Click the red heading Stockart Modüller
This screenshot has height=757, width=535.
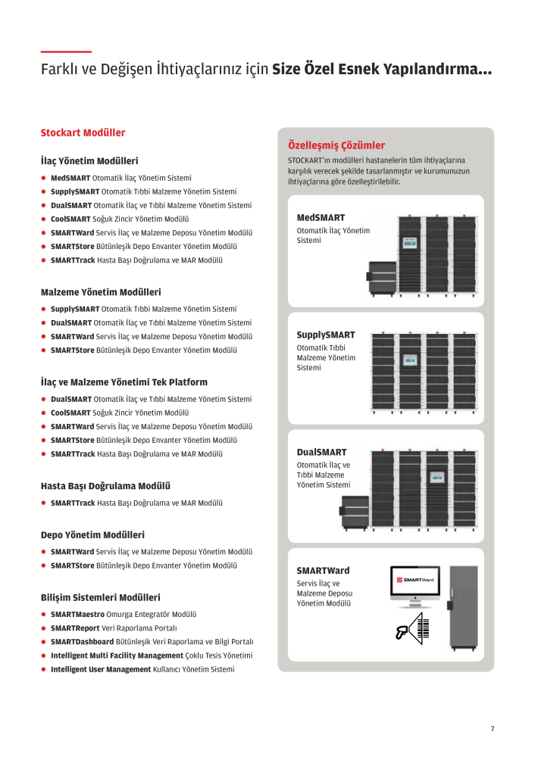(83, 132)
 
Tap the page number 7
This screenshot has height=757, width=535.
(493, 728)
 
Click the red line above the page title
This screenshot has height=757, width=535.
(66, 51)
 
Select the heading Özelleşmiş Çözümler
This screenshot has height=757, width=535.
(336, 145)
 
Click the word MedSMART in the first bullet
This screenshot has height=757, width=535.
(70, 178)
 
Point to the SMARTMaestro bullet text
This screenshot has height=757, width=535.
(124, 614)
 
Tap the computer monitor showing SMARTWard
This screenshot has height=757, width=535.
(415, 586)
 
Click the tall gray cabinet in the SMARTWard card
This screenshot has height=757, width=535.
(464, 608)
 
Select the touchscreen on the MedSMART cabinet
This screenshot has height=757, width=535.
(410, 243)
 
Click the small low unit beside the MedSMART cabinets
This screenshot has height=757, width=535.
(382, 278)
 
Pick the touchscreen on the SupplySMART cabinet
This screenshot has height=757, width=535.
(410, 359)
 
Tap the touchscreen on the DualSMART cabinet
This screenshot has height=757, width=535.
(437, 477)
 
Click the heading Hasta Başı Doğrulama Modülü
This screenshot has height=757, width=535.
(105, 486)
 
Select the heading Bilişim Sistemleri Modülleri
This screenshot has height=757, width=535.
(101, 597)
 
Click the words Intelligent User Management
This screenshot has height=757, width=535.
(101, 669)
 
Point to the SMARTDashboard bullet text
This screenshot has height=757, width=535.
(152, 642)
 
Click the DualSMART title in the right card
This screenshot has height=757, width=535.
(321, 453)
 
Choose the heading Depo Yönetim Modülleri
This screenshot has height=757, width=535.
(92, 535)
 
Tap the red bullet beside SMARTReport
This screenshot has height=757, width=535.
(43, 628)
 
